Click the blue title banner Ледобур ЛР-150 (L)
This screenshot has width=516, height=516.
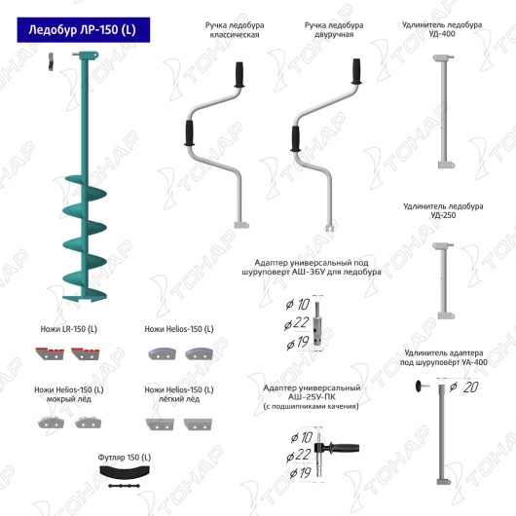point(84,30)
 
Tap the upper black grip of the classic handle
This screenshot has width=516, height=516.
point(240,75)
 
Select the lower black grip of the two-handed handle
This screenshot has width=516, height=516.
point(295,138)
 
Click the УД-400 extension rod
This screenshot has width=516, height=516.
point(444,112)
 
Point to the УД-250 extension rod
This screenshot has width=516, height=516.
point(444,280)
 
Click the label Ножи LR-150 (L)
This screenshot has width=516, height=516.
point(69,329)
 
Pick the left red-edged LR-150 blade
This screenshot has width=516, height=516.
point(50,353)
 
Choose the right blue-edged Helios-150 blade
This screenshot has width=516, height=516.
point(199,353)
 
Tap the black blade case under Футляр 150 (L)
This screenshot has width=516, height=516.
point(125,471)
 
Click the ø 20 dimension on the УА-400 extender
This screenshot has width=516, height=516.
point(464,387)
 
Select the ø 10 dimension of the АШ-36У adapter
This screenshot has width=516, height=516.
point(298,305)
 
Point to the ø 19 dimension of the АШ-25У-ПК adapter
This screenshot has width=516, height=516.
point(300,473)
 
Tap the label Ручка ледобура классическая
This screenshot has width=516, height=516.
point(235,30)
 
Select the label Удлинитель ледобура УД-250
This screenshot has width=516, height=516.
point(443,210)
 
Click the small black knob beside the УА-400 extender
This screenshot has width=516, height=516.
point(420,386)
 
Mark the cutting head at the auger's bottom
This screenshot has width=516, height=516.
point(86,298)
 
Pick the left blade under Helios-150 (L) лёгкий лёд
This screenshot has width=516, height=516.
point(160,424)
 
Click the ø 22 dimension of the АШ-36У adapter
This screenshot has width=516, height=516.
point(297,323)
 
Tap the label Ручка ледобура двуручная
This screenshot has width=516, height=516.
point(334,29)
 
